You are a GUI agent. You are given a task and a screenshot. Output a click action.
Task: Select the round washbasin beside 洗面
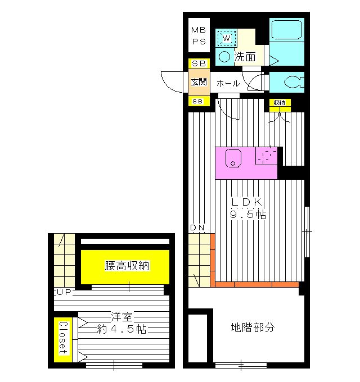(224, 56)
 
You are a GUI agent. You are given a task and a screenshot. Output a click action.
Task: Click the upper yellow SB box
(199, 63)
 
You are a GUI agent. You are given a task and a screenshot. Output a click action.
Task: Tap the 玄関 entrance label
(199, 82)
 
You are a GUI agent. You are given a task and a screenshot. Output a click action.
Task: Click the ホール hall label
(228, 83)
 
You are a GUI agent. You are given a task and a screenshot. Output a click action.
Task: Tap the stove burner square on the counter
(267, 156)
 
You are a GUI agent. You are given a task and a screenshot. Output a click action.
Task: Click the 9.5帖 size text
(247, 214)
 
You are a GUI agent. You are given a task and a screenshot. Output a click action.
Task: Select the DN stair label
(197, 228)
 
